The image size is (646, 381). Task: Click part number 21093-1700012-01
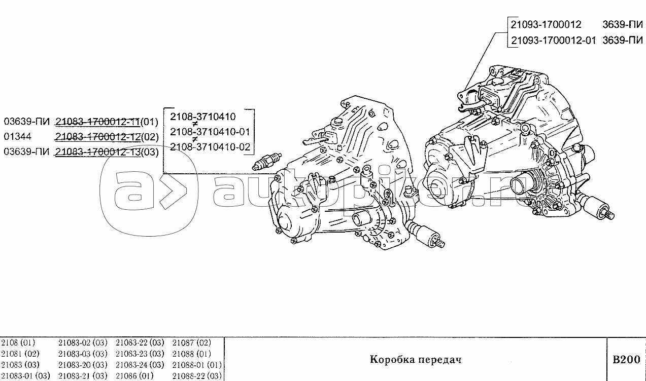click(553, 41)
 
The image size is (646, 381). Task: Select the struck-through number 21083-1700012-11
click(97, 122)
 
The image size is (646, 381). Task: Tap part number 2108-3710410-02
click(210, 147)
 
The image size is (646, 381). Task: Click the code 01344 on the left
click(18, 137)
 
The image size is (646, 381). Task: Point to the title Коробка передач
click(416, 360)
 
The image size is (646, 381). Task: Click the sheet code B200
click(626, 360)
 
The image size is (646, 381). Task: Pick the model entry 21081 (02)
click(20, 354)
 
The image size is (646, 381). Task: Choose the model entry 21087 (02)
click(192, 342)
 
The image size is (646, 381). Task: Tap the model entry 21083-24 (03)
click(140, 365)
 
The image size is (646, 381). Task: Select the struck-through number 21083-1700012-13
click(97, 152)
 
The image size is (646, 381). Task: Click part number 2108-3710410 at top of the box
click(202, 117)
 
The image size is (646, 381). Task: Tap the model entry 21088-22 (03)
click(197, 375)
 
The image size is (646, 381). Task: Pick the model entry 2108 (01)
click(17, 342)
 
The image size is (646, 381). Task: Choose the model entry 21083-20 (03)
click(83, 365)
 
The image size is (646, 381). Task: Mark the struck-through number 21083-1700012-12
click(97, 137)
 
